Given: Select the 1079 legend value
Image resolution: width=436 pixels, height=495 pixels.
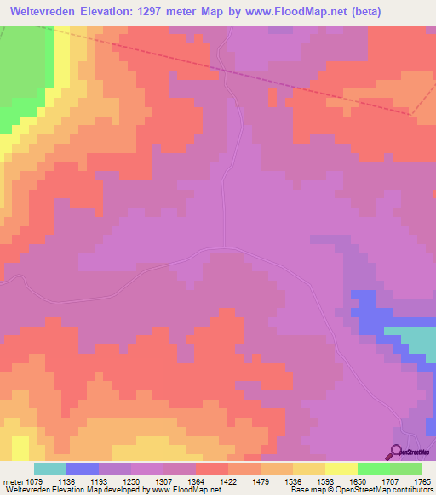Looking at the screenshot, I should pyautogui.click(x=34, y=481).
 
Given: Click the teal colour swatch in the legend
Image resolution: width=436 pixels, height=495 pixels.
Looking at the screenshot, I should pyautogui.click(x=50, y=469).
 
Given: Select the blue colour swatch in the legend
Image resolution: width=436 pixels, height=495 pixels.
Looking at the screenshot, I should pyautogui.click(x=83, y=469).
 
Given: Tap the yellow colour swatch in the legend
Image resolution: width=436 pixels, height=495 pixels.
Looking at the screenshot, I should pyautogui.click(x=341, y=469).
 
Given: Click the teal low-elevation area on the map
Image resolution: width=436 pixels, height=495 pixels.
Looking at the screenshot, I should pyautogui.click(x=413, y=340).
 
